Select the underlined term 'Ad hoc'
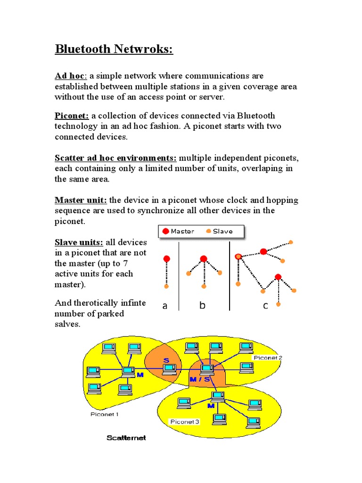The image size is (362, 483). (67, 76)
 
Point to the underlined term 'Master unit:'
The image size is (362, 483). (81, 200)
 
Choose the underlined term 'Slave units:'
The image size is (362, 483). (79, 242)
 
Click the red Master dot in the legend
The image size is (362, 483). (165, 231)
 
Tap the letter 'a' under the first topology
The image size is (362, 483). (165, 306)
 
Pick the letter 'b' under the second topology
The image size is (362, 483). (202, 306)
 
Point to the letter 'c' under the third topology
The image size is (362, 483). (265, 306)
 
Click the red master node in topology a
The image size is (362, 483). (166, 258)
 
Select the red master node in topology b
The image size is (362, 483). (204, 258)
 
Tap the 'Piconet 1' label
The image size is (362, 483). (104, 414)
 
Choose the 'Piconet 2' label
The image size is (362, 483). (267, 358)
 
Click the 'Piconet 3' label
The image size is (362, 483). (184, 421)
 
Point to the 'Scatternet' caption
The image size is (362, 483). (126, 438)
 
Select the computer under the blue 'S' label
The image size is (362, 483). (169, 369)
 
